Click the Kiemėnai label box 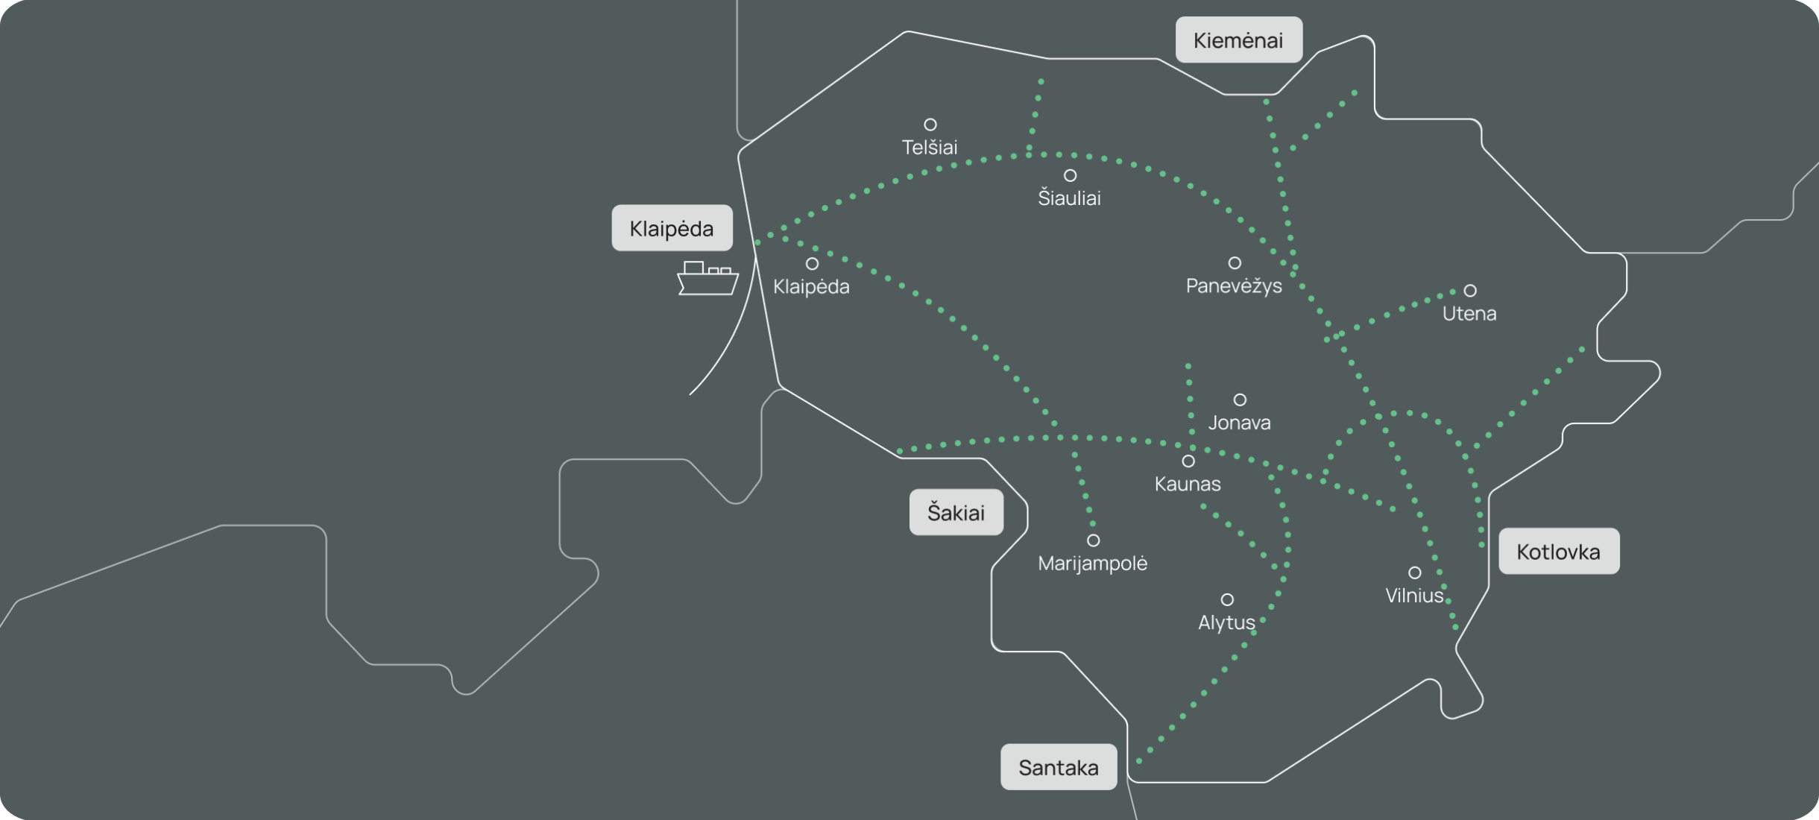pos(1239,40)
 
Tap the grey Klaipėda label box pos(672,227)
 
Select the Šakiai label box pos(956,512)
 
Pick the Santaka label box pos(1059,767)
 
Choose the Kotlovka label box pos(1559,551)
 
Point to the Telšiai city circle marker pos(930,124)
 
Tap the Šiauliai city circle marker pos(1070,175)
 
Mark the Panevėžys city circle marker pos(1235,262)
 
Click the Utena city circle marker pos(1470,290)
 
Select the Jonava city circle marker pos(1240,400)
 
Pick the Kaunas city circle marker pos(1188,461)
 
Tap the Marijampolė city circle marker pos(1093,540)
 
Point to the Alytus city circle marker pos(1227,599)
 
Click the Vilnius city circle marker pos(1414,573)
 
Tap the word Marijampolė pos(1092,564)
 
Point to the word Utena pos(1469,314)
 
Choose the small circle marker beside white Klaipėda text pos(813,263)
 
